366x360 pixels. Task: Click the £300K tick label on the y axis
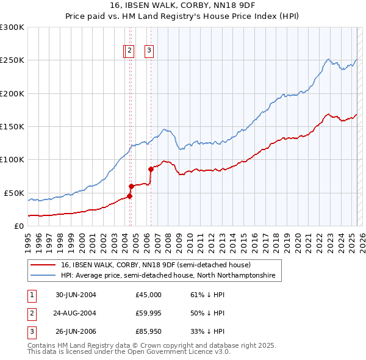(12, 27)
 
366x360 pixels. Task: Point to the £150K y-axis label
(12, 126)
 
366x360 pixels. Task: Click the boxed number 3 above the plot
(149, 51)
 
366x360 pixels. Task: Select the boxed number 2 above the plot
(130, 51)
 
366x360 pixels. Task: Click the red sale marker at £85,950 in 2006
(151, 169)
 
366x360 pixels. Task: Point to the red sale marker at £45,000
(129, 196)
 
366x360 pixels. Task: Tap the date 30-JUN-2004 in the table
(76, 294)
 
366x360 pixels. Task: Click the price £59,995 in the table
(148, 314)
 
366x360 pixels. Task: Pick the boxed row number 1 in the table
(31, 294)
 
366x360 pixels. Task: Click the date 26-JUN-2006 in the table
(76, 333)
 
